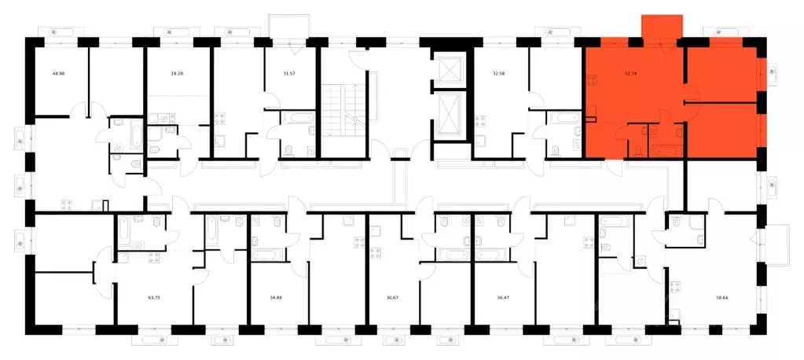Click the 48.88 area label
click(x=59, y=75)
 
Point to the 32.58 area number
click(x=499, y=75)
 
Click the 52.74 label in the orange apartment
click(x=630, y=75)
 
